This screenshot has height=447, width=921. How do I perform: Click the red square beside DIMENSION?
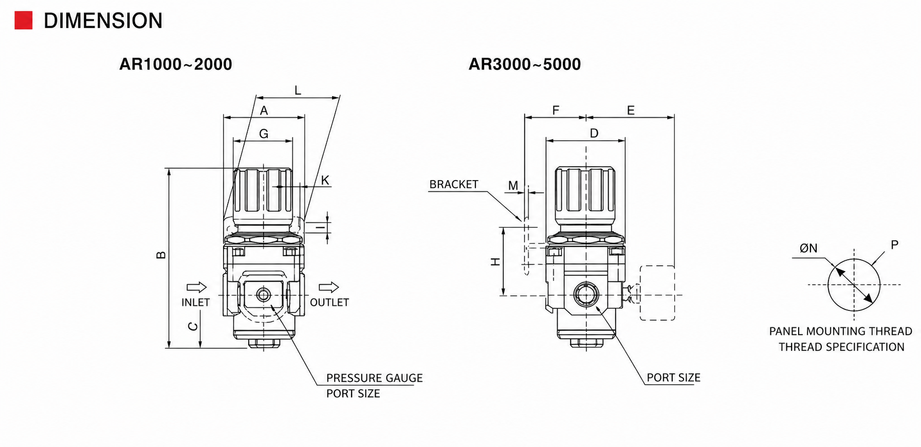pyautogui.click(x=24, y=20)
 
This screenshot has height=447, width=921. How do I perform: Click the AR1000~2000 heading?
pyautogui.click(x=176, y=64)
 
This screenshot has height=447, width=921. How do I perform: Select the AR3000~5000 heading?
pyautogui.click(x=524, y=64)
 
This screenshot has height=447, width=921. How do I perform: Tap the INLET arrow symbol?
pyautogui.click(x=196, y=287)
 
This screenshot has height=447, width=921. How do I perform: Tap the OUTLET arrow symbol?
pyautogui.click(x=328, y=287)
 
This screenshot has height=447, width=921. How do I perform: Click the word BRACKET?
pyautogui.click(x=454, y=184)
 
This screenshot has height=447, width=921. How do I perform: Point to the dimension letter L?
pyautogui.click(x=298, y=91)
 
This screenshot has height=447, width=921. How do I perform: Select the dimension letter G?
pyautogui.click(x=264, y=134)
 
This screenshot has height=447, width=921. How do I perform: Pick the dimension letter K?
pyautogui.click(x=325, y=181)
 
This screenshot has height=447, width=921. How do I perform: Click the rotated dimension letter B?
pyautogui.click(x=161, y=255)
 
